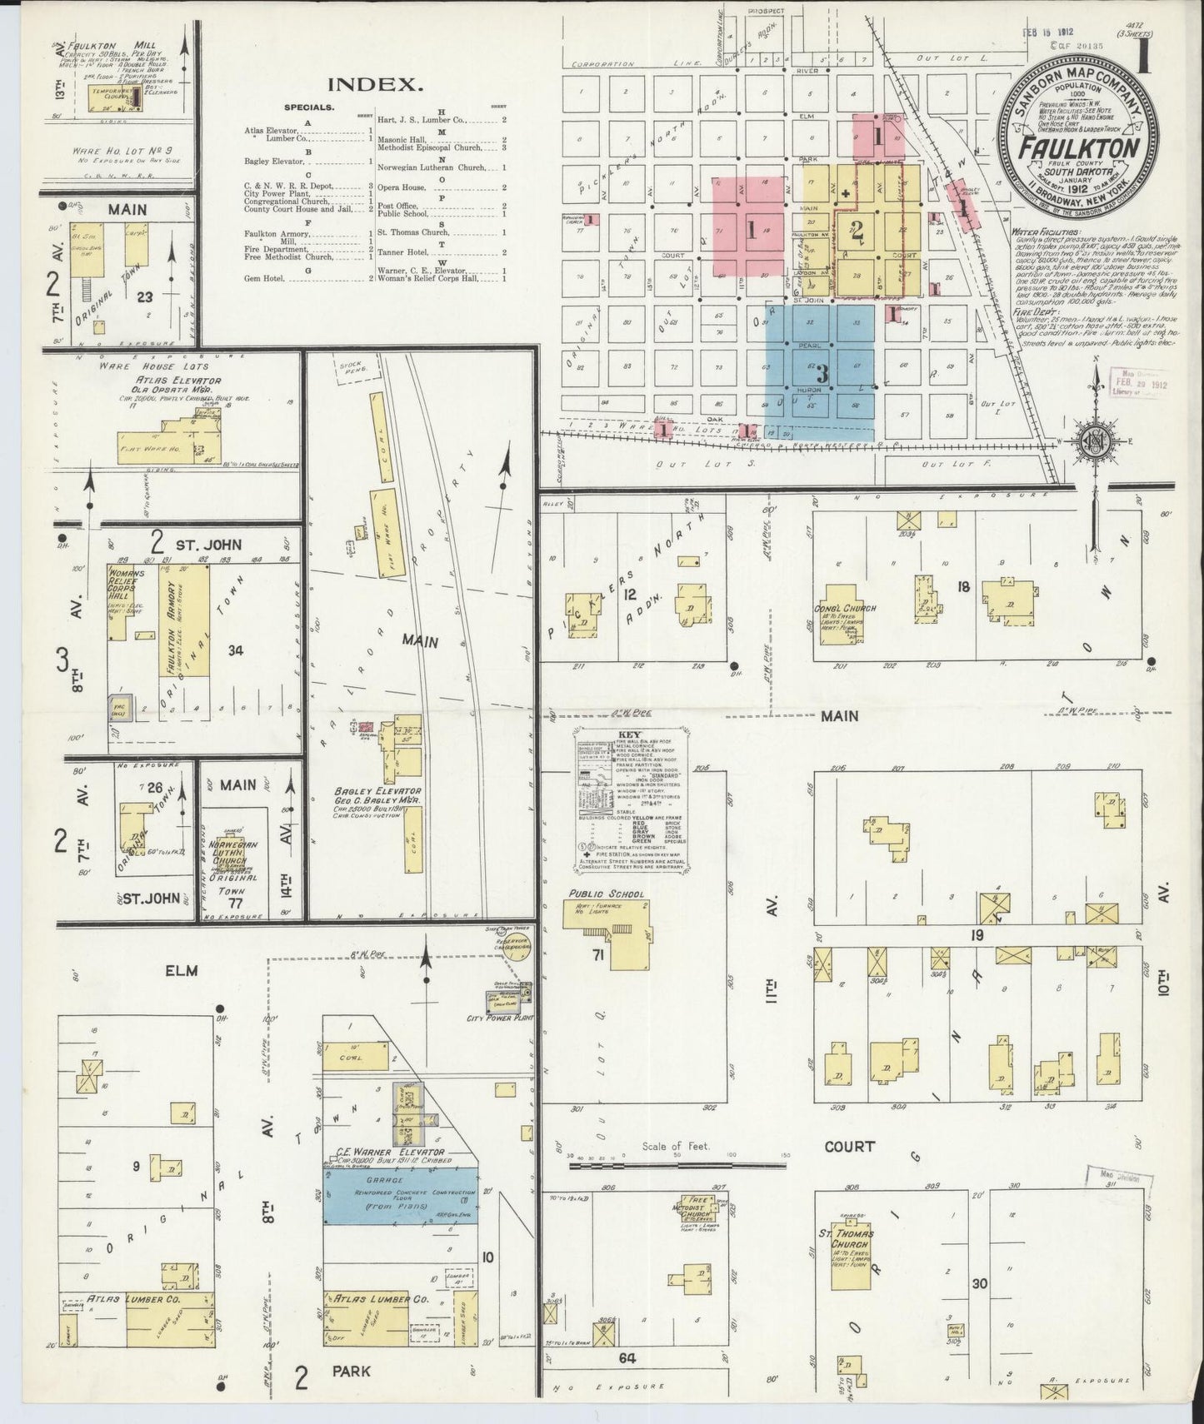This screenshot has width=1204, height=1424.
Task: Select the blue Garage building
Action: [x=401, y=1195]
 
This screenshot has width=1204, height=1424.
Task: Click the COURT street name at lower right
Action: [x=849, y=1147]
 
